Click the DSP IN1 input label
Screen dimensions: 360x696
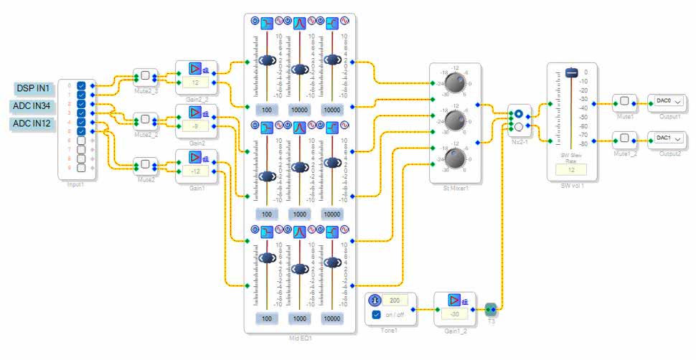(x=34, y=88)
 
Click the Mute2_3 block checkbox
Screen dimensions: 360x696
(x=145, y=75)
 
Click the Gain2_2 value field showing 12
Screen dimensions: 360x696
(x=195, y=83)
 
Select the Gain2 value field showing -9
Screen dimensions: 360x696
(x=195, y=127)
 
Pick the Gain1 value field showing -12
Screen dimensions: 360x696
(x=195, y=171)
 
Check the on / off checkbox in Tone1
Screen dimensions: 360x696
(x=376, y=315)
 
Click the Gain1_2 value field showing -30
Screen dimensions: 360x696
(x=456, y=314)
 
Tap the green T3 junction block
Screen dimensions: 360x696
(x=491, y=309)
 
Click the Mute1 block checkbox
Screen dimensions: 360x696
(x=624, y=101)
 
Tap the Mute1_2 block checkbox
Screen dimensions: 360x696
(x=624, y=138)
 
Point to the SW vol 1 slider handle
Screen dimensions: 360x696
(x=572, y=72)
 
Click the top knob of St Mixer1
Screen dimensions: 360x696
(x=453, y=84)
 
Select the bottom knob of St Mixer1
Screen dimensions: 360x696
(x=453, y=159)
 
